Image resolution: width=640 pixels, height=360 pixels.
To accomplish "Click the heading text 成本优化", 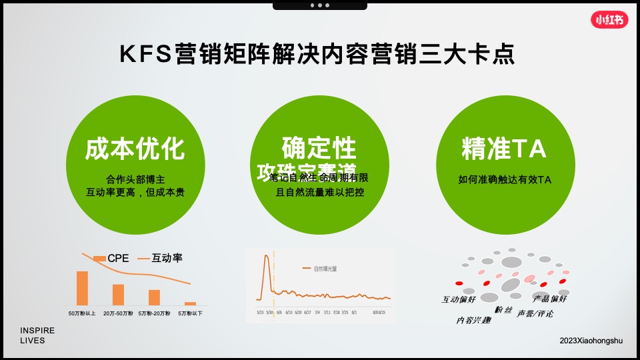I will tap(135, 149).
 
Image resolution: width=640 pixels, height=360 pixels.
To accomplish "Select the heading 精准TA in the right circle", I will tap(504, 149).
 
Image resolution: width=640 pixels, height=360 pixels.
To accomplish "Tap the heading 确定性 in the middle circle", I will tap(319, 147).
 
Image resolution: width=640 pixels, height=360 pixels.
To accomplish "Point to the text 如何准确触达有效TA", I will tap(505, 179).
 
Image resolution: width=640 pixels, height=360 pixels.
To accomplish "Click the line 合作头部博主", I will tap(135, 179).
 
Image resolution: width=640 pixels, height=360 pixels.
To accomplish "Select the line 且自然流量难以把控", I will tap(319, 192).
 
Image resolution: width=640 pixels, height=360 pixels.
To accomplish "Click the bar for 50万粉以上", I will tap(82, 288).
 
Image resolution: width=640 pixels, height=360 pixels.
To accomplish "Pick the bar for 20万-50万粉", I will tap(118, 295).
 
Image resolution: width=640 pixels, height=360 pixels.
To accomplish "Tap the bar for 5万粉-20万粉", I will tap(154, 297).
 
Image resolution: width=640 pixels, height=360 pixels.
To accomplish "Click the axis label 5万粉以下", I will tap(190, 313).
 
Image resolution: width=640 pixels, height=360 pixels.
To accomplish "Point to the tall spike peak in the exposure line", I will tap(265, 256).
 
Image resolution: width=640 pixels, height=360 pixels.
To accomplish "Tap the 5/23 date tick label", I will tap(260, 311).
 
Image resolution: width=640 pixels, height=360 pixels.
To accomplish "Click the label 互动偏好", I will tap(459, 300).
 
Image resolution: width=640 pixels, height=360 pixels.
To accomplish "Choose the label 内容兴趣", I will tap(473, 321).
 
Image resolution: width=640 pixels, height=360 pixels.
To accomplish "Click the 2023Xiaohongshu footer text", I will tap(591, 341).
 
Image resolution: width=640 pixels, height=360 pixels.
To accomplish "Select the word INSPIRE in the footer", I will tap(37, 331).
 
